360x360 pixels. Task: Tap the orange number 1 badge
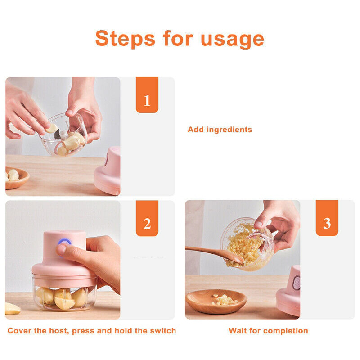click(147, 100)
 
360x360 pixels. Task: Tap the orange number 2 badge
click(147, 223)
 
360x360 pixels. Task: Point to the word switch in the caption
click(163, 331)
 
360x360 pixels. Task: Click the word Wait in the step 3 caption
click(237, 331)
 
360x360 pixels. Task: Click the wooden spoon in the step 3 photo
click(211, 252)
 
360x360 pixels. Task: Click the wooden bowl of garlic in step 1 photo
click(16, 177)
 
